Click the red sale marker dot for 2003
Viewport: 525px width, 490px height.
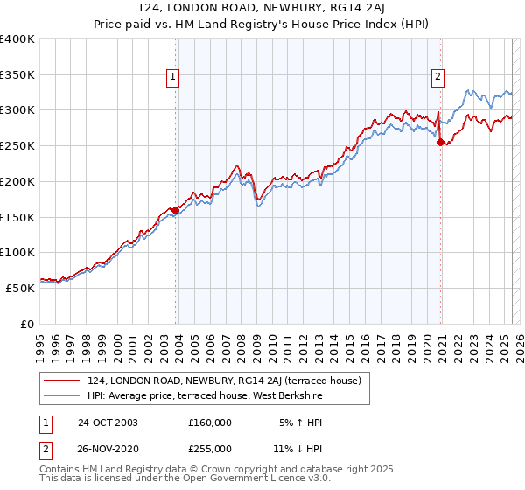tap(176, 210)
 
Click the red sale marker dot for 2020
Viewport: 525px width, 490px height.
tap(440, 143)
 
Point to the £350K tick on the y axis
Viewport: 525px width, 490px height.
tap(17, 75)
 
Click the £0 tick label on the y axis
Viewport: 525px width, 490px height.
tap(28, 324)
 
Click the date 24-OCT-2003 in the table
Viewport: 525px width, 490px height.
tap(108, 423)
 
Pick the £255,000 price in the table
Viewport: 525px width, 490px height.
tap(210, 448)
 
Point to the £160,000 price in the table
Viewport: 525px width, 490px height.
tap(210, 423)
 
